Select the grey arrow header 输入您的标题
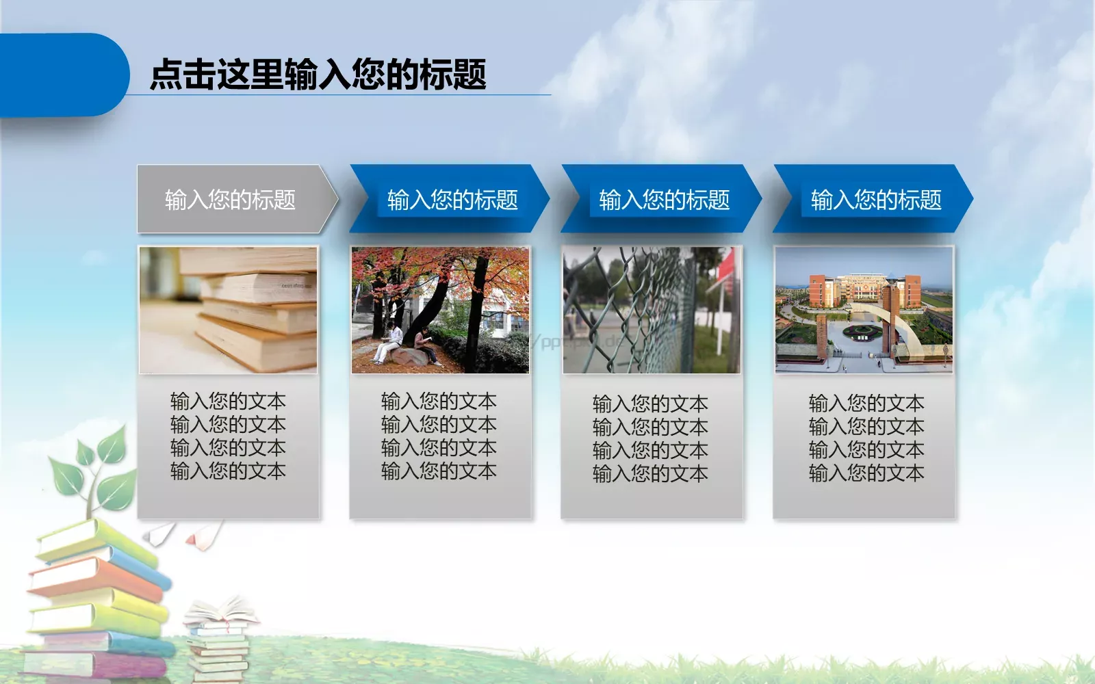pyautogui.click(x=231, y=200)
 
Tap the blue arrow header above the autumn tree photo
pyautogui.click(x=452, y=200)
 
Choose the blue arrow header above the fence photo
pyautogui.click(x=664, y=200)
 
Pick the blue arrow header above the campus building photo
pyautogui.click(x=876, y=200)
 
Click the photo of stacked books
pyautogui.click(x=229, y=311)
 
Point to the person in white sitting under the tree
pyautogui.click(x=390, y=342)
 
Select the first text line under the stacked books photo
pyautogui.click(x=228, y=401)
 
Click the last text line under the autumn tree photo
pyautogui.click(x=439, y=471)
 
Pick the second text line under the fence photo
pyautogui.click(x=650, y=427)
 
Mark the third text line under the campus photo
pyautogui.click(x=866, y=449)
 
